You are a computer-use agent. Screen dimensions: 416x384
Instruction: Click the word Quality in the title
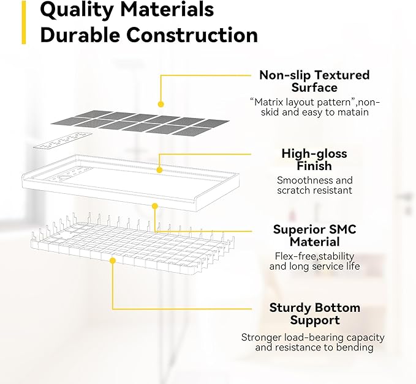point(78,10)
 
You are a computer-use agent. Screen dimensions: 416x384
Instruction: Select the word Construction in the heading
point(192,35)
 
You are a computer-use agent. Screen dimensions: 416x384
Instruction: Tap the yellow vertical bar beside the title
point(24,22)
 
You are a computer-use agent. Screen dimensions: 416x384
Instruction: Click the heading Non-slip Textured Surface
point(314,81)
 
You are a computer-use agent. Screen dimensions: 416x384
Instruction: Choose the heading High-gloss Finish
point(314,160)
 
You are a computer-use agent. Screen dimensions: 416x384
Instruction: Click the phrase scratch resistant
point(314,190)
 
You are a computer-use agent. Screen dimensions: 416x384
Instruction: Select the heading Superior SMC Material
point(315,235)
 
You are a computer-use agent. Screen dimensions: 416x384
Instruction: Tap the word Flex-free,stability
point(315,256)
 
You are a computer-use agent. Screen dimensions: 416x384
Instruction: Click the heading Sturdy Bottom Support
point(315,314)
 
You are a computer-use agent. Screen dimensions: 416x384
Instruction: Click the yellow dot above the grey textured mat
point(161,104)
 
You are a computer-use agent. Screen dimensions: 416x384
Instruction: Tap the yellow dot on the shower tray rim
point(159,170)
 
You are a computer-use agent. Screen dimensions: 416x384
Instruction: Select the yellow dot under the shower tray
point(155,206)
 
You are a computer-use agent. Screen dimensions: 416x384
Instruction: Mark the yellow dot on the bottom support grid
point(113,261)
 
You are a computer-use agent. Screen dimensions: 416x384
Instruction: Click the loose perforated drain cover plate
point(62,141)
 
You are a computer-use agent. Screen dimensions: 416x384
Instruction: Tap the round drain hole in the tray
point(64,178)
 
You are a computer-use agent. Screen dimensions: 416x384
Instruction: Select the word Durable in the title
point(80,35)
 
